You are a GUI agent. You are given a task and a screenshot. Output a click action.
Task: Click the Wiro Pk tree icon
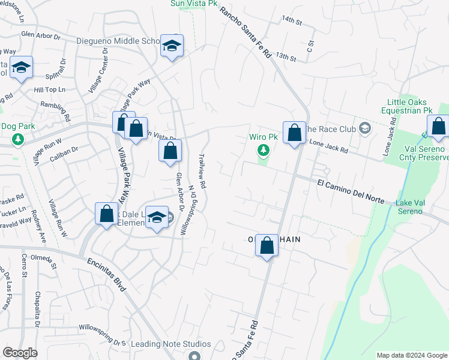tap(262, 150)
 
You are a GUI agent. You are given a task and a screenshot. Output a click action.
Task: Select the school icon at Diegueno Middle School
tap(172, 46)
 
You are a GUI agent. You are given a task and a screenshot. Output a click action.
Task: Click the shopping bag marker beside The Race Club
tap(294, 133)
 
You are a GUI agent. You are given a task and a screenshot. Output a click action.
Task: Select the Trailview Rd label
tap(202, 173)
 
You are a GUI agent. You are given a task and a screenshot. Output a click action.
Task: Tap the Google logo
tap(20, 353)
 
